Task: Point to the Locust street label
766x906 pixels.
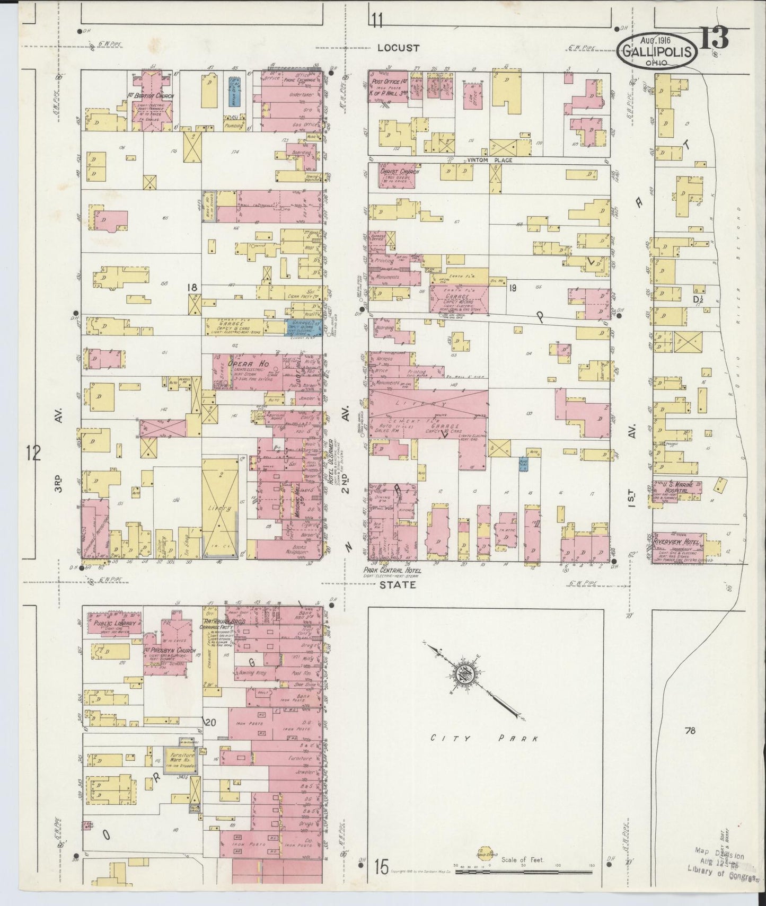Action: (x=398, y=48)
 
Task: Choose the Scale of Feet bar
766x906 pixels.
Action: (x=525, y=871)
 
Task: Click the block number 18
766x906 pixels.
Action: (x=191, y=287)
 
